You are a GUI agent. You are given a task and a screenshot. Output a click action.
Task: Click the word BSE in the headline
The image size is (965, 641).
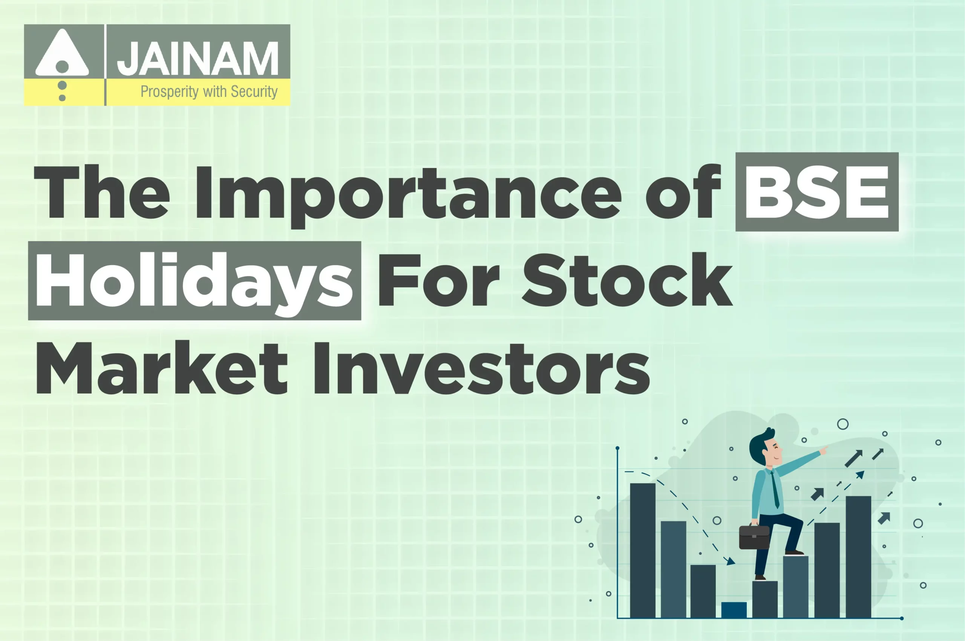tap(816, 192)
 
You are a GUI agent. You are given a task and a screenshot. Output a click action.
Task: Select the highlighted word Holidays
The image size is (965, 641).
tap(194, 281)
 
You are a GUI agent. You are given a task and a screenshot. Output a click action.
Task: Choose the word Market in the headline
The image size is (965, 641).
tap(162, 369)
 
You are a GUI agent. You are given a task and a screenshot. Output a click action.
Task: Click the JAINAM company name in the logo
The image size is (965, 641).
tap(198, 59)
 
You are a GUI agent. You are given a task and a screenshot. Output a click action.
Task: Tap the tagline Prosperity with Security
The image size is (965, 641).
tap(209, 92)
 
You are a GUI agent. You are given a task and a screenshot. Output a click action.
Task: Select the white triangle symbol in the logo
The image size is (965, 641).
tap(62, 53)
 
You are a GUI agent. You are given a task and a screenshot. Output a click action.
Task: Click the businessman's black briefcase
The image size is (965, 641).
tap(754, 537)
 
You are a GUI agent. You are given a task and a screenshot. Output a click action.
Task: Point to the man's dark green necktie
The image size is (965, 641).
tap(775, 491)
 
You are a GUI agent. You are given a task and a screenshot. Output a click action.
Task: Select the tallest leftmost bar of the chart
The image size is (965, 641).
tap(642, 550)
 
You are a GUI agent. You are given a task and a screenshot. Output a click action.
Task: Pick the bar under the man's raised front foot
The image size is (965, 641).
tap(795, 586)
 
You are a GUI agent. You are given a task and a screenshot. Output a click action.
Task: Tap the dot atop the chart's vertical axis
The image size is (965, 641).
tap(617, 448)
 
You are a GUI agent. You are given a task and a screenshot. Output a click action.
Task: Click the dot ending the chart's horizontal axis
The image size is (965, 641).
tap(902, 618)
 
